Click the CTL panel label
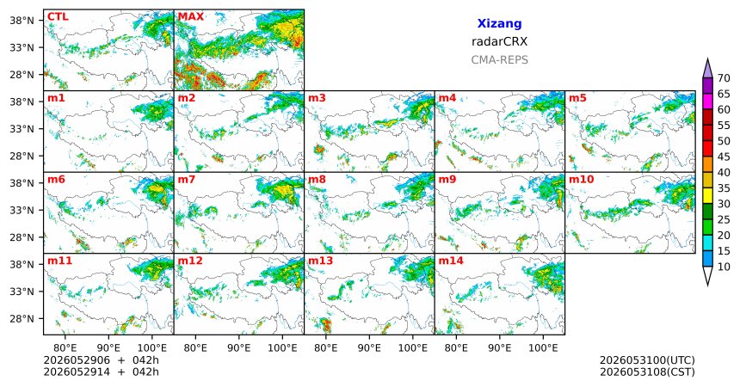(x=58, y=17)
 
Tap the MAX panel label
(x=191, y=17)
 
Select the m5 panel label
(x=577, y=98)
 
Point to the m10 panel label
(x=581, y=180)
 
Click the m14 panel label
(x=451, y=261)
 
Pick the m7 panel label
(x=187, y=180)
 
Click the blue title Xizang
(x=499, y=23)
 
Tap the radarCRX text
(x=499, y=41)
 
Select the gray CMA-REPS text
(x=499, y=60)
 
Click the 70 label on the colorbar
(x=724, y=78)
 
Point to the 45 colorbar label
(x=724, y=157)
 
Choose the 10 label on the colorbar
(x=724, y=267)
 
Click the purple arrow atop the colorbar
(x=707, y=69)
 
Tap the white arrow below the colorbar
(x=707, y=275)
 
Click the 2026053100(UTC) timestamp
(x=647, y=360)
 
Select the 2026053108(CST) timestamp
(x=647, y=372)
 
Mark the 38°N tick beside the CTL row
(x=22, y=21)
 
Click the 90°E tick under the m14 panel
(x=500, y=348)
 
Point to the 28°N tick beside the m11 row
(x=22, y=318)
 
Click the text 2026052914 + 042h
(x=102, y=372)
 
